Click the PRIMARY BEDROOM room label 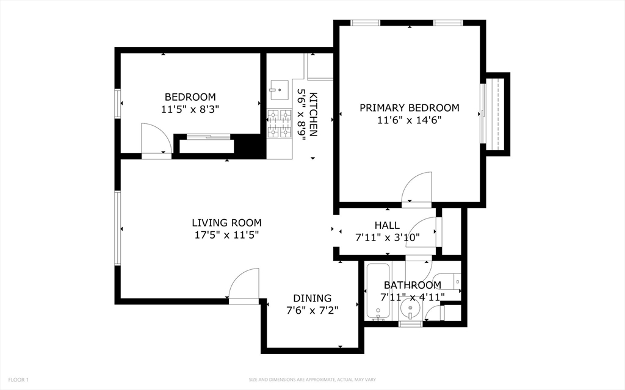pyautogui.click(x=409, y=108)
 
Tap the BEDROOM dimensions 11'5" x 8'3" pyautogui.click(x=190, y=110)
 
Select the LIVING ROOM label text pyautogui.click(x=226, y=223)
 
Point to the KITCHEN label pyautogui.click(x=313, y=114)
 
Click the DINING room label pyautogui.click(x=312, y=298)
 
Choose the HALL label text pyautogui.click(x=387, y=225)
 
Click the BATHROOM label pyautogui.click(x=412, y=285)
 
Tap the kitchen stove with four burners pyautogui.click(x=280, y=124)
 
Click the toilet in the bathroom pyautogui.click(x=450, y=281)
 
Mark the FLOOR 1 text pyautogui.click(x=18, y=380)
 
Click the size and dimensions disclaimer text pyautogui.click(x=312, y=380)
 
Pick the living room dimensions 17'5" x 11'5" pyautogui.click(x=226, y=235)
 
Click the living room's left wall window pyautogui.click(x=118, y=228)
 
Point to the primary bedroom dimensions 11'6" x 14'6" pyautogui.click(x=409, y=120)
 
